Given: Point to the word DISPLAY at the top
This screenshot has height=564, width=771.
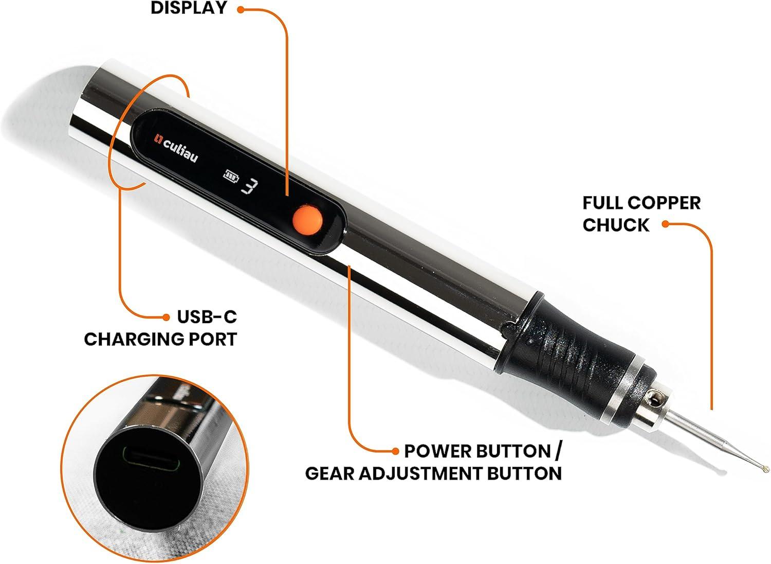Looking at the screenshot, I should click(x=189, y=8).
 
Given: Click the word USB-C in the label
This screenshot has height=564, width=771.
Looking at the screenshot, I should click(x=207, y=316).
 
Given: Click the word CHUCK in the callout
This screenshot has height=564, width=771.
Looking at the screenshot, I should click(x=616, y=225).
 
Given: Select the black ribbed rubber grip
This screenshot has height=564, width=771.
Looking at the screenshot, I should click(x=571, y=340).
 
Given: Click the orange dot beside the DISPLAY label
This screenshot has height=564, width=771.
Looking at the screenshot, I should click(x=240, y=9).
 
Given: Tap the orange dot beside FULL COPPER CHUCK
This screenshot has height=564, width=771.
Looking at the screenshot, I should click(x=665, y=224).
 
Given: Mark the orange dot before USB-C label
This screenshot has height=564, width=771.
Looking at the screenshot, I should click(x=166, y=316).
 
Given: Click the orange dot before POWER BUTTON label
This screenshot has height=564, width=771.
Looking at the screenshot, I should click(x=395, y=451).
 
